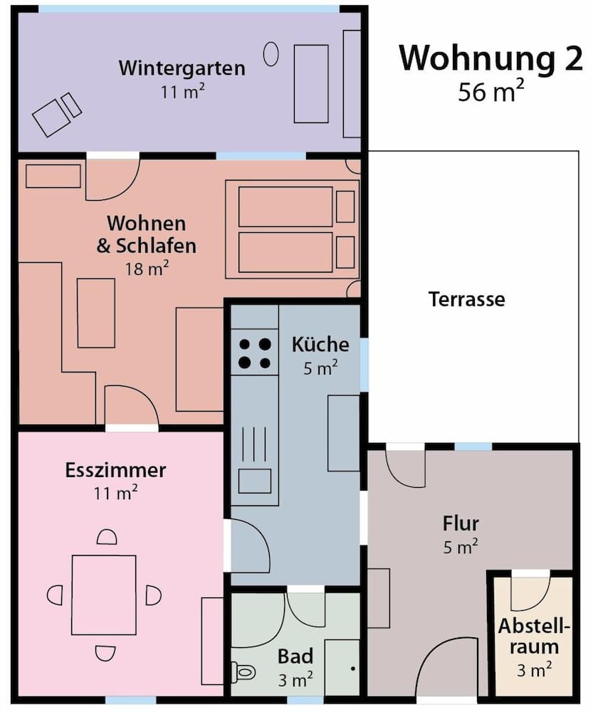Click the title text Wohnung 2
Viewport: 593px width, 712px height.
click(490, 58)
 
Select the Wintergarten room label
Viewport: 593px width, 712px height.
click(182, 68)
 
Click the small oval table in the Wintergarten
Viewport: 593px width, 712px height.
click(271, 54)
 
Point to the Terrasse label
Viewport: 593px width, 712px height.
click(466, 299)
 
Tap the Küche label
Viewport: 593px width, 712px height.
click(320, 345)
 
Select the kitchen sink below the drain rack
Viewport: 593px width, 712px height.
click(254, 481)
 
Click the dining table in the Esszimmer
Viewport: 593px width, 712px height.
click(104, 595)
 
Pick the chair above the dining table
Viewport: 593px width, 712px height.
click(106, 538)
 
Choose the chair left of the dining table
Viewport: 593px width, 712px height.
click(55, 595)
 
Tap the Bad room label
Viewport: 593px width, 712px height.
click(295, 656)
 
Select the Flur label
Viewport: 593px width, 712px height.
click(461, 524)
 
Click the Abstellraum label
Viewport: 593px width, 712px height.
click(534, 637)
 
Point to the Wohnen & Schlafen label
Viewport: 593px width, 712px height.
click(146, 235)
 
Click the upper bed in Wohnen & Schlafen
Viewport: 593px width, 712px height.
click(285, 206)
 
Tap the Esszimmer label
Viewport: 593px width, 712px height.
click(115, 471)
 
